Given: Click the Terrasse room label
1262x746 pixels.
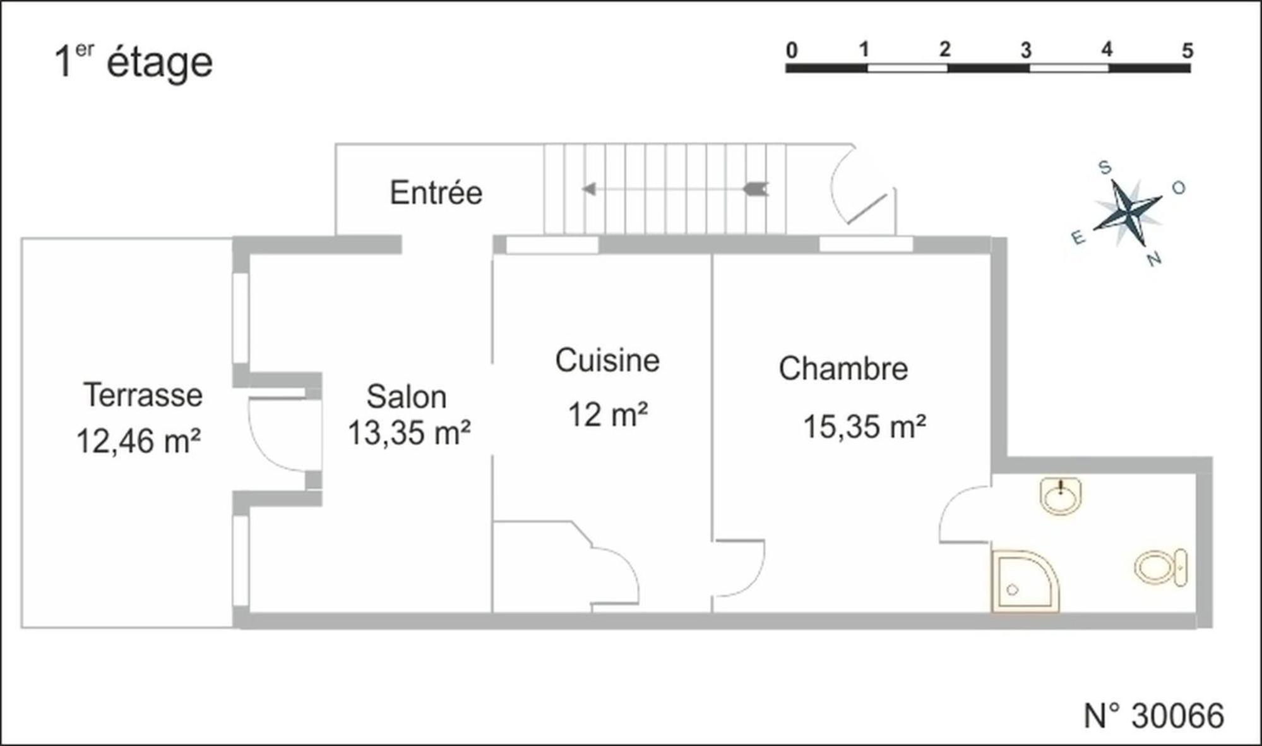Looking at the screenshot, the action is coord(143,395).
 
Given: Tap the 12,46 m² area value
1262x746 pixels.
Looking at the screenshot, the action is coord(138,441).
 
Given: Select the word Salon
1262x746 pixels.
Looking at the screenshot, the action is coord(407,397).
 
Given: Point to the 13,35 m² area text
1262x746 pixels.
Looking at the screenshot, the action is coord(409,433).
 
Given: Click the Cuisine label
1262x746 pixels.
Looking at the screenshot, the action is coord(607,361).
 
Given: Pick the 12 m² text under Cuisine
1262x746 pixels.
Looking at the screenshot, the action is coord(608,415).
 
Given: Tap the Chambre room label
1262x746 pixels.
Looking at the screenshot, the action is coord(843,369).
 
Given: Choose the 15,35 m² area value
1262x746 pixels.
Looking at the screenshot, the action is coord(864,426).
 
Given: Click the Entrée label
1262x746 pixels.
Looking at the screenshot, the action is coord(436,193).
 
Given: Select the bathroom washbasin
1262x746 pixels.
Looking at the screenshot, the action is coord(1061,496).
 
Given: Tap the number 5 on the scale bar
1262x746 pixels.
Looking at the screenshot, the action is coord(1188,51).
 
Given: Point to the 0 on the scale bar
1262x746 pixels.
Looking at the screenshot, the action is coord(792,50).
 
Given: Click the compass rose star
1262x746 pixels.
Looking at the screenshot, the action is coord(1128,212).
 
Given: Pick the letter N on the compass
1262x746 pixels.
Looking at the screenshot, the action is coord(1155,259).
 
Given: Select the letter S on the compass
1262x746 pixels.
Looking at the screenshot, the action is coord(1105,167).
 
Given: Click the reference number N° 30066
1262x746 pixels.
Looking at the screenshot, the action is coord(1153,716).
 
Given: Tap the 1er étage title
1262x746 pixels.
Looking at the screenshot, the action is coord(134,62).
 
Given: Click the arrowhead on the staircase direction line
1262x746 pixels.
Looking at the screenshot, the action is coord(588,189).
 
